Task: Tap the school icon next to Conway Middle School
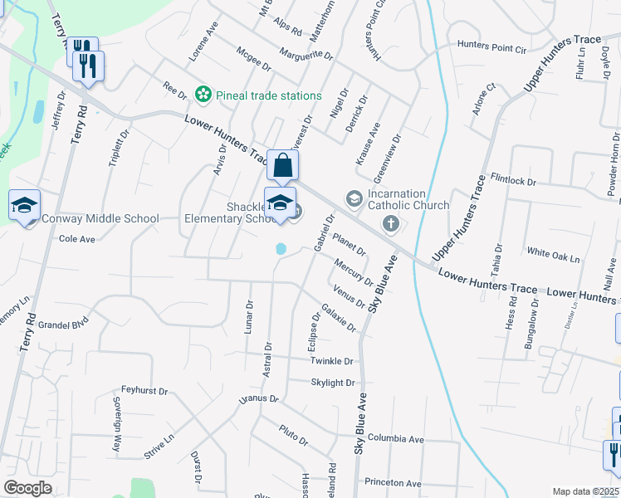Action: point(25,205)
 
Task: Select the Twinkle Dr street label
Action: point(332,361)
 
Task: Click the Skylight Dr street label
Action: point(333,383)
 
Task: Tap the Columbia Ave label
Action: point(396,438)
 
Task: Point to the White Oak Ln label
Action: point(553,257)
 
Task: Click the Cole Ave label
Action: point(78,238)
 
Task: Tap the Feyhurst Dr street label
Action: point(144,388)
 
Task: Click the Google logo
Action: point(27,488)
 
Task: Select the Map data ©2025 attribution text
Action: point(586,491)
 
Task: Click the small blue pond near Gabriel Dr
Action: point(281,248)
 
